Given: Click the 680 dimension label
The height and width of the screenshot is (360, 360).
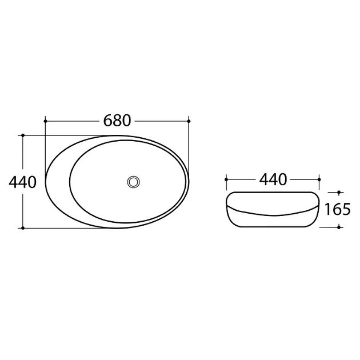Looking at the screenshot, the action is coord(117,121).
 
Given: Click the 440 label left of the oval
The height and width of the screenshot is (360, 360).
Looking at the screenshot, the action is coord(22,182).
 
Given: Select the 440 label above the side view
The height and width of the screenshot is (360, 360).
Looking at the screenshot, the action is coord(273,179).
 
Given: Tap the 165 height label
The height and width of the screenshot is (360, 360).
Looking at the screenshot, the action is coord(338,209).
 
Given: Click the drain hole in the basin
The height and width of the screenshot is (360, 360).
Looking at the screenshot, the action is coord(133,182).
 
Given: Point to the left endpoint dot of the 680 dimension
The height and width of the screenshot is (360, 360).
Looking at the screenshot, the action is coord(45,121).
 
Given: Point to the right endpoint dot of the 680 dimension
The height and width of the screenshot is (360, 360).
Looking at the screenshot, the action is coord(189,121).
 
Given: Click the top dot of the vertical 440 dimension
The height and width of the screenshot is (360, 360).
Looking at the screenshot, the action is coord(23,135).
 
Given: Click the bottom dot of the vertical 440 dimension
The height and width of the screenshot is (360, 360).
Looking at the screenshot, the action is coord(23,228).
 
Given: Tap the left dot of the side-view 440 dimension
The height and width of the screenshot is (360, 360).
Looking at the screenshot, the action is coord(226,179).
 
